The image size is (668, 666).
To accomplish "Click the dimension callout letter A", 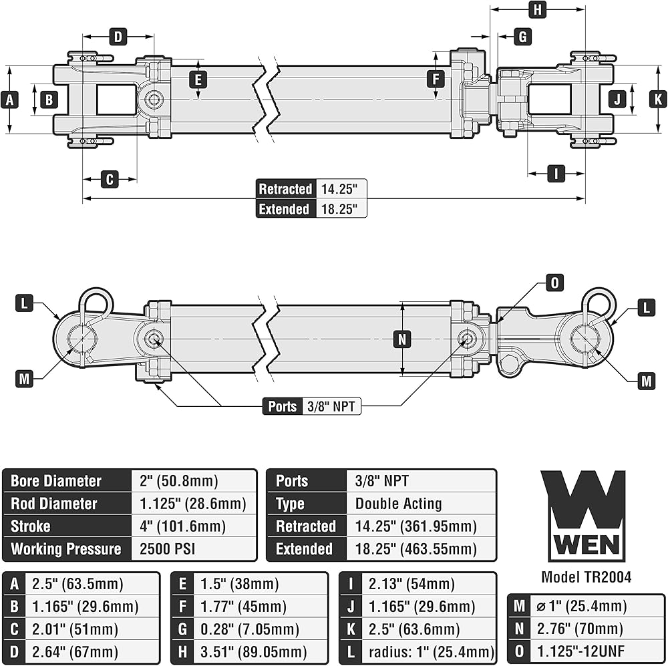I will (x=9, y=100).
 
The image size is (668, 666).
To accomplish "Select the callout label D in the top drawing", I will (x=118, y=36).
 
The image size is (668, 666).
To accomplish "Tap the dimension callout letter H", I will (x=537, y=9).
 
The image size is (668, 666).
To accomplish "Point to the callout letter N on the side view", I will (x=401, y=339).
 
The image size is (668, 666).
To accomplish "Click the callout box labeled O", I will (x=554, y=283).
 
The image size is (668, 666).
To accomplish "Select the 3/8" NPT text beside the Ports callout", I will (x=332, y=406).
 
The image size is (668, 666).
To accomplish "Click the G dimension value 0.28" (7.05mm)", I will (x=249, y=629).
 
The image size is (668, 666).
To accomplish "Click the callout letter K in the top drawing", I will (x=658, y=100).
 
